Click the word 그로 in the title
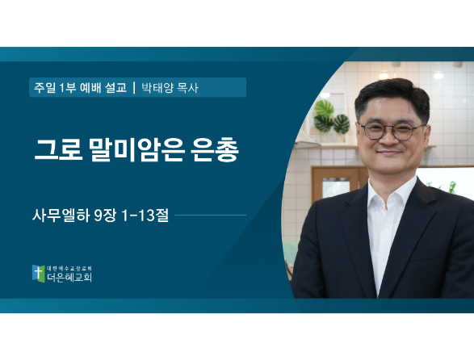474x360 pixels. click(x=58, y=150)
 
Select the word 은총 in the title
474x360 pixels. click(x=215, y=150)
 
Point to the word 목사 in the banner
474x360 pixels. click(x=187, y=88)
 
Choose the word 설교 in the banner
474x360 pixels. click(x=115, y=88)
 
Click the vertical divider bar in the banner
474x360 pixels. click(x=134, y=88)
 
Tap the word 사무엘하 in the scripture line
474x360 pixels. click(x=61, y=216)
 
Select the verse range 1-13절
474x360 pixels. click(x=145, y=216)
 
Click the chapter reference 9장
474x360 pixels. click(x=105, y=216)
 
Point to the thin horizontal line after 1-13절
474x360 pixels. click(x=211, y=216)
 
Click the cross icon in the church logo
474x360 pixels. click(x=39, y=274)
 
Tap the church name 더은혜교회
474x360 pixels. click(x=69, y=277)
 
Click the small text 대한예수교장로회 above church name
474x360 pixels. click(x=69, y=269)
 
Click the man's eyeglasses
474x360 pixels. click(x=392, y=131)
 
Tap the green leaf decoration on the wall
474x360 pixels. click(x=331, y=117)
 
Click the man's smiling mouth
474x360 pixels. click(x=389, y=152)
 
